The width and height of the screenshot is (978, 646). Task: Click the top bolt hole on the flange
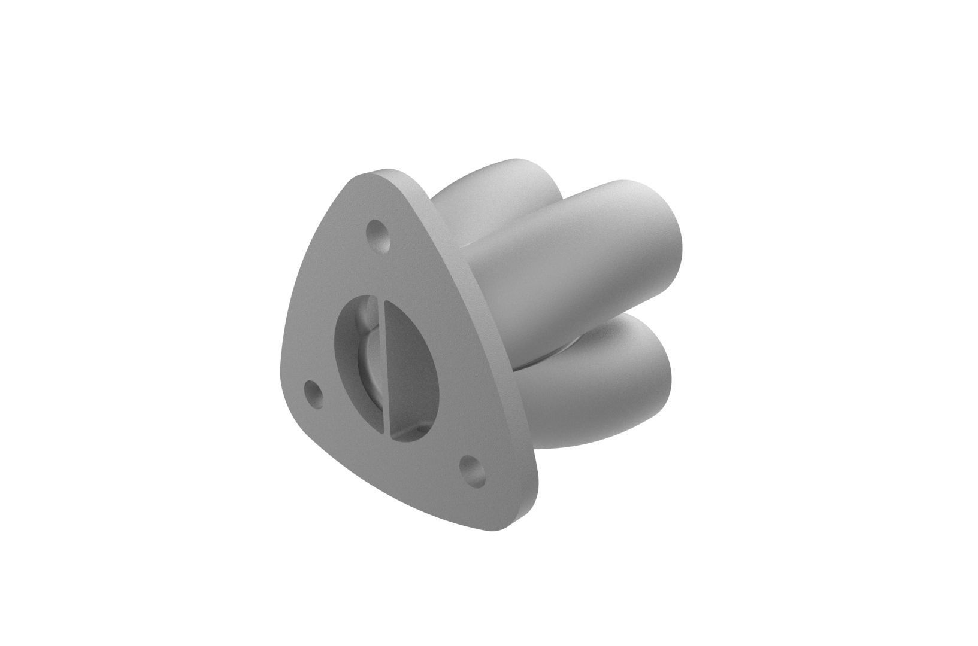[379, 234]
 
